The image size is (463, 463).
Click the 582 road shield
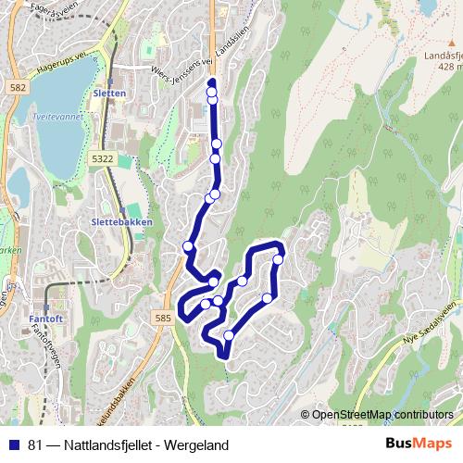(19, 86)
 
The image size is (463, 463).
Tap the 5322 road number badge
(102, 160)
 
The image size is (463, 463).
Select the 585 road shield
(163, 319)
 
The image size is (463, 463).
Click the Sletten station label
(109, 94)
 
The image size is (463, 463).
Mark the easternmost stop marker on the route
(278, 259)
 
